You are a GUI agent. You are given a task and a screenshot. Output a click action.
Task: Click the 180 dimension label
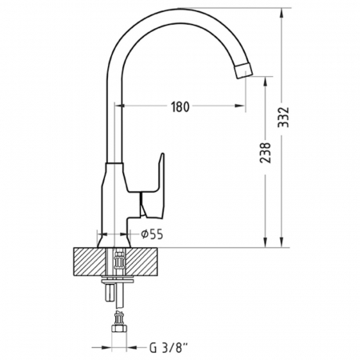pos(180,106)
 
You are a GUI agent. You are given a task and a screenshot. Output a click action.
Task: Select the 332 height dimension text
pos(283,117)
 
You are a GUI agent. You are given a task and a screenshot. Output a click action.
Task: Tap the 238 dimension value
pos(266,153)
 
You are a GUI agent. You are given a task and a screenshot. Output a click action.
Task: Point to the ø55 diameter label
pos(152,234)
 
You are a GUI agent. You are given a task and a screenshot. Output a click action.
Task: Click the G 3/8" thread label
pos(169,348)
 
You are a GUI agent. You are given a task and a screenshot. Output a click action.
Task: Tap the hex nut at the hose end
pos(118,329)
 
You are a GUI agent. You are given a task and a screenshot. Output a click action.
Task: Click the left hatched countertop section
pos(89,262)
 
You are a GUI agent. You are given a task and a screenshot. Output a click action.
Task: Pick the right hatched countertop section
pos(142,262)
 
